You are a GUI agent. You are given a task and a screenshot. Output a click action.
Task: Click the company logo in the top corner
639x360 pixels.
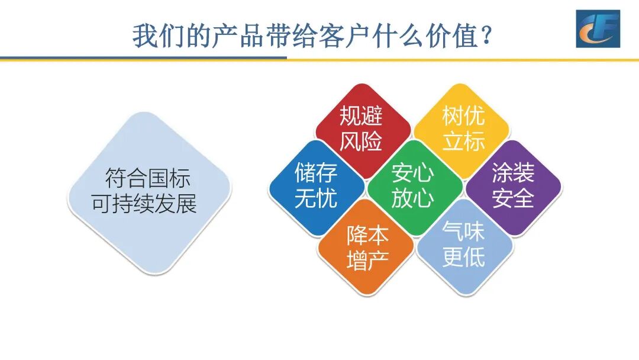(x=598, y=28)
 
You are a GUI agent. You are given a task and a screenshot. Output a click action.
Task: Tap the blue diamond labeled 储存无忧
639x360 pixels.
(x=316, y=187)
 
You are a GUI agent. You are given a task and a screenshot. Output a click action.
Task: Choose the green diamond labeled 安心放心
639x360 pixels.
(x=413, y=187)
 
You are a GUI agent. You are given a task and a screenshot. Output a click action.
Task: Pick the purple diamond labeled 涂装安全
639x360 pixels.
(x=513, y=187)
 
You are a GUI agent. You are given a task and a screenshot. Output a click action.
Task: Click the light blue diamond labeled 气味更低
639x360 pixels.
(x=463, y=247)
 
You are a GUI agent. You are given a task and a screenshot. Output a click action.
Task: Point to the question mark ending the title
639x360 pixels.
(x=486, y=37)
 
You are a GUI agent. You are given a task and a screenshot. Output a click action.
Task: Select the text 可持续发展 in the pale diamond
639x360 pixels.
(x=144, y=204)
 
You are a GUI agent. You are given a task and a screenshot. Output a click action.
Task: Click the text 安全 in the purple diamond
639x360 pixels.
(x=513, y=199)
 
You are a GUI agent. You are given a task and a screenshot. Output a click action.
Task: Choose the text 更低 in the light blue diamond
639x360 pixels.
(x=463, y=258)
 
